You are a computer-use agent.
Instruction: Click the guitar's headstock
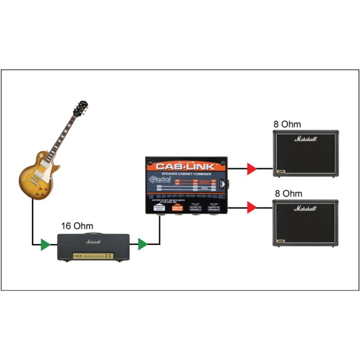tap(81, 108)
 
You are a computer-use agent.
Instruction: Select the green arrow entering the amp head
tap(45, 245)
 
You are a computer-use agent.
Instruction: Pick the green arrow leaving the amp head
tap(143, 245)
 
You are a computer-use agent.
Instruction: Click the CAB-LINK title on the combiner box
tap(187, 166)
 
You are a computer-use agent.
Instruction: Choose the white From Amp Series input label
tap(159, 208)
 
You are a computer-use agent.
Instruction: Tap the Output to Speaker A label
tap(196, 208)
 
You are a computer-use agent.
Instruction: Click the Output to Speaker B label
tap(214, 208)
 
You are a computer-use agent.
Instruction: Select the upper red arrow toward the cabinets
tap(252, 169)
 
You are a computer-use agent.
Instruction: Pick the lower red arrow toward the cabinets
tap(252, 207)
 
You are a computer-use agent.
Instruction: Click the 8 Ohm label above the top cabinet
tap(288, 124)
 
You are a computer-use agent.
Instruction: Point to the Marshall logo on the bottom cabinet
tap(306, 208)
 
